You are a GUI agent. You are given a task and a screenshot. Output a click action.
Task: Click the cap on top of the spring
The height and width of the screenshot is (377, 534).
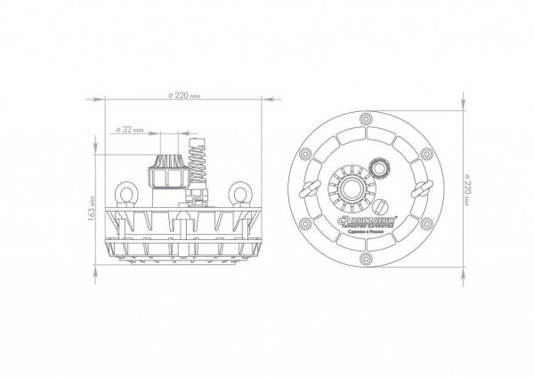[198, 140]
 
